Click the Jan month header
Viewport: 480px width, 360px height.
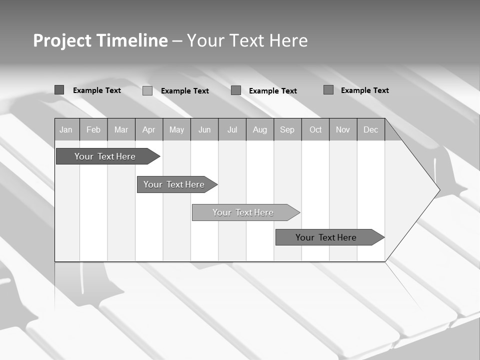pos(66,130)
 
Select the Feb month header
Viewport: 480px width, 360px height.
pos(93,130)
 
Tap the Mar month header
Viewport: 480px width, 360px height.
pos(121,130)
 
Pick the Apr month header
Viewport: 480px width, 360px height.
pos(149,130)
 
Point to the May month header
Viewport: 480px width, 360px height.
pos(176,130)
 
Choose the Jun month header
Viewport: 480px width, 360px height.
pos(204,130)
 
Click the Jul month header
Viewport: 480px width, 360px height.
pos(232,130)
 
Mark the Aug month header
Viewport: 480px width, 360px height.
pos(260,130)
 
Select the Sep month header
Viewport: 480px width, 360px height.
pos(287,130)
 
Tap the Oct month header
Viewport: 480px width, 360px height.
pos(315,130)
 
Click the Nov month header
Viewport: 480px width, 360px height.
pos(343,130)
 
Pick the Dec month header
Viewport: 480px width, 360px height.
pos(371,130)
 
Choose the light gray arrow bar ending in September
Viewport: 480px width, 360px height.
pos(243,212)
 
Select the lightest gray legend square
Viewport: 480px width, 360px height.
pos(147,90)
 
